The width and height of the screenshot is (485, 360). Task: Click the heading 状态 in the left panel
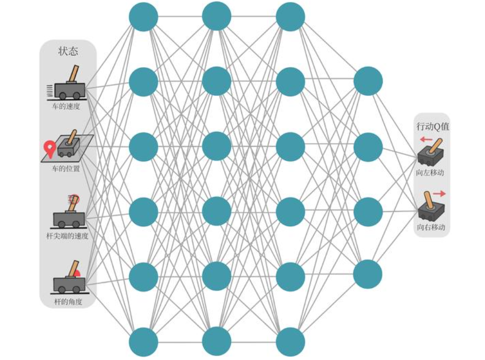click(68, 51)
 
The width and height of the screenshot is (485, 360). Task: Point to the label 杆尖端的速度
click(67, 236)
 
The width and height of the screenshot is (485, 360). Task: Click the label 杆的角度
click(68, 301)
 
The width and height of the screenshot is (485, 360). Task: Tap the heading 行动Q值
click(433, 126)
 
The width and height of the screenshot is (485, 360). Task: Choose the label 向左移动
click(431, 173)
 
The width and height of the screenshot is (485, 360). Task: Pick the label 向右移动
click(431, 228)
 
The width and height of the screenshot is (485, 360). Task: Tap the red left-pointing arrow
click(426, 139)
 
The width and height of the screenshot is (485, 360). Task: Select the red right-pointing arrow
click(439, 194)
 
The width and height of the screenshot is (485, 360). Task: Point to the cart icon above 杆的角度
click(69, 279)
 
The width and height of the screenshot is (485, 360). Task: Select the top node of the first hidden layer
click(144, 17)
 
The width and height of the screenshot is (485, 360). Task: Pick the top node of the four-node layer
click(368, 81)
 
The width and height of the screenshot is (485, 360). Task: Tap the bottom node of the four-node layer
click(368, 274)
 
